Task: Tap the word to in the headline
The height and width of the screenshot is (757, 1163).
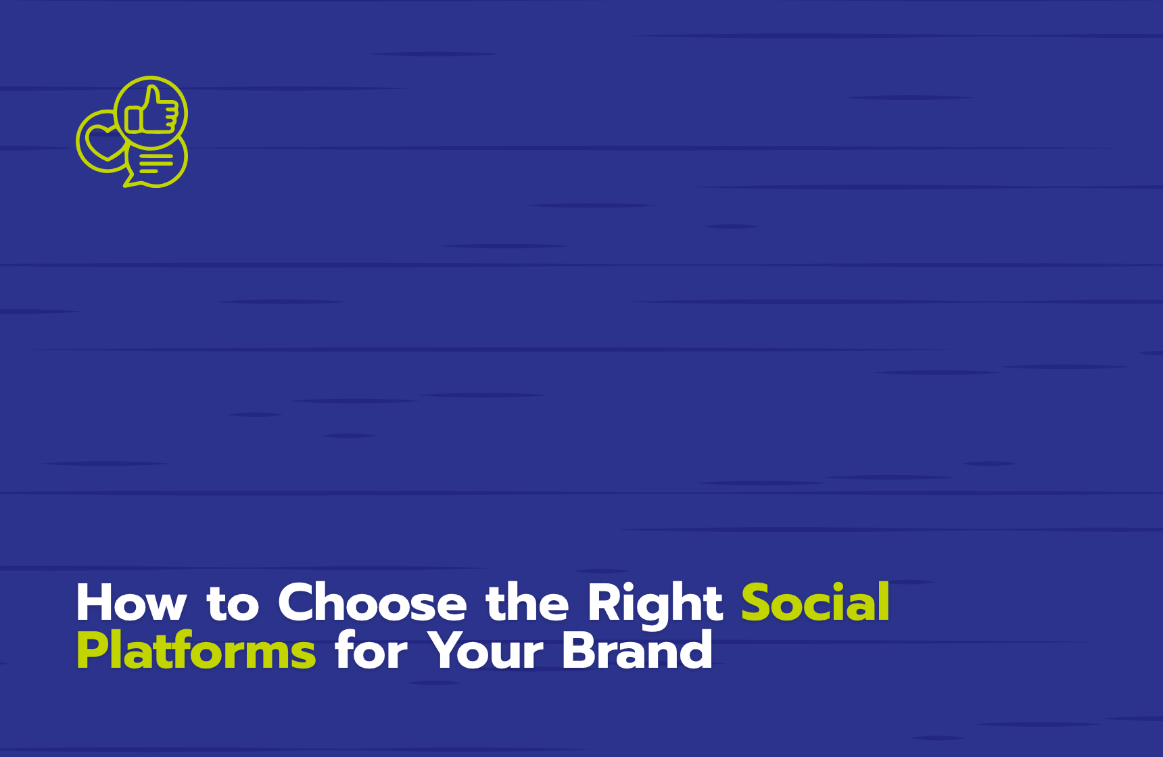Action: click(233, 604)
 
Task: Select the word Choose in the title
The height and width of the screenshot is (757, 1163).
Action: click(373, 602)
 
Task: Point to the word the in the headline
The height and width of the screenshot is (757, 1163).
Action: click(527, 602)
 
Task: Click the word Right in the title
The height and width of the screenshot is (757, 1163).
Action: click(655, 605)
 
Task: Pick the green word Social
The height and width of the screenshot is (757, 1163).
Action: click(815, 602)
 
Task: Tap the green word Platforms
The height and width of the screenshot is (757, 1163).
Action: click(196, 650)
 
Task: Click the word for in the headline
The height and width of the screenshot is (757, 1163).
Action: click(371, 650)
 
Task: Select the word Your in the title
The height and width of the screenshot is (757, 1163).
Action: click(485, 650)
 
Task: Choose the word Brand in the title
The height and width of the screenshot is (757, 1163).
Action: click(637, 650)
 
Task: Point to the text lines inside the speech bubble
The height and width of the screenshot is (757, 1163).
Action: click(156, 163)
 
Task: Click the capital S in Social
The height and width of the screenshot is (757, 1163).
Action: click(757, 602)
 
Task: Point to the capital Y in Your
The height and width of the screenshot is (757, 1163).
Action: click(447, 650)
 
